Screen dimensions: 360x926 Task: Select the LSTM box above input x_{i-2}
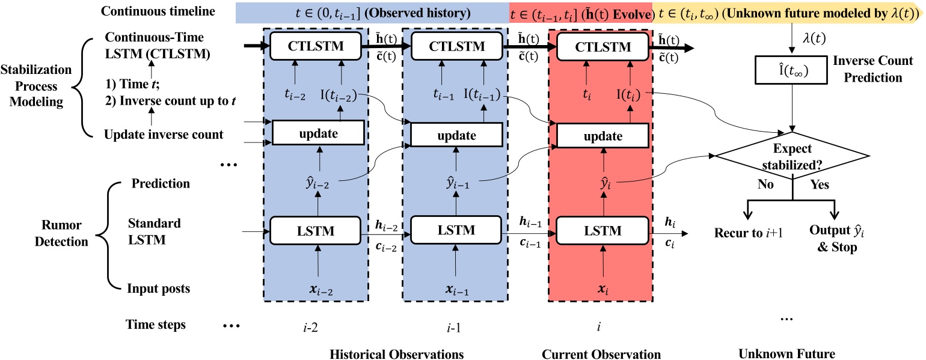click(x=317, y=230)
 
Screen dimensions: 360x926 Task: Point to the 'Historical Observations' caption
click(x=397, y=354)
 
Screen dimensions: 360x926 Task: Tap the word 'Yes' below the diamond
click(x=819, y=185)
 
